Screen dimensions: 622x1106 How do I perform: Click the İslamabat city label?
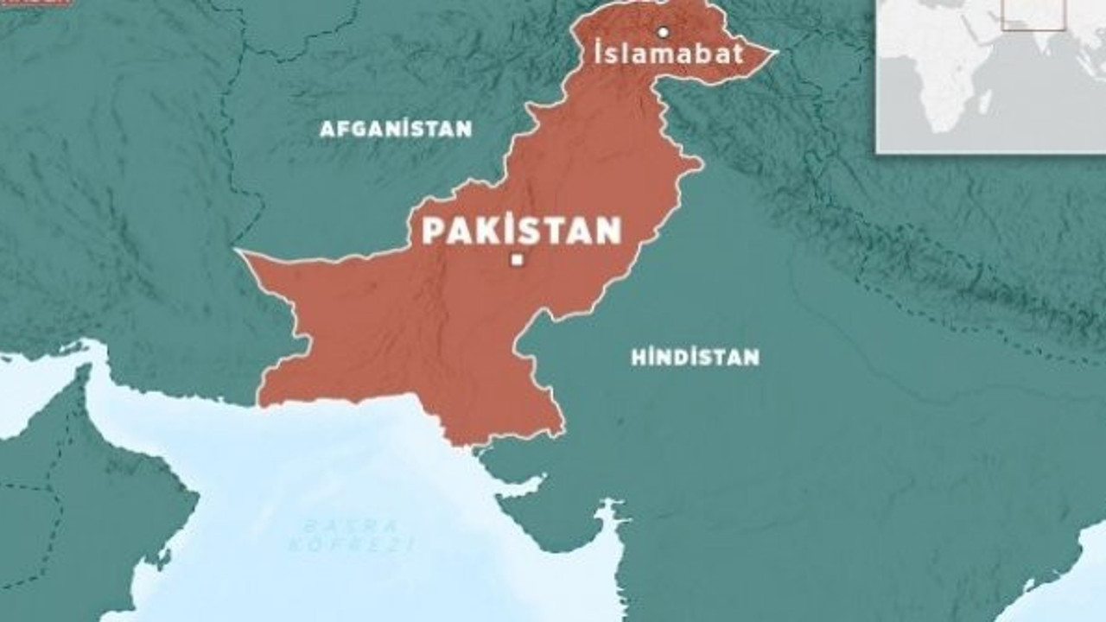coord(669,54)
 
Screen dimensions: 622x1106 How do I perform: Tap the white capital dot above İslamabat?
coord(664,33)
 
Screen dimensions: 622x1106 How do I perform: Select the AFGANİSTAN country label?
coord(396,130)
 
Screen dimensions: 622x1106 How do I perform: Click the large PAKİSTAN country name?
coord(521,231)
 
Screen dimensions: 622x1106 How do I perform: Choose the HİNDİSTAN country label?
coord(695,357)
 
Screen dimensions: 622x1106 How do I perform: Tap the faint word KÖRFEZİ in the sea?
coord(351,545)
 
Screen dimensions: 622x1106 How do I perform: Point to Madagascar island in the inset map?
coord(983,103)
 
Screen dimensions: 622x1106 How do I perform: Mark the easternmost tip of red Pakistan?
coord(776,52)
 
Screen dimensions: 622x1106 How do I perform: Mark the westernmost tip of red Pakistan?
coord(239,252)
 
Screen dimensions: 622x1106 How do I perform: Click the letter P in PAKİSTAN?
coord(433,232)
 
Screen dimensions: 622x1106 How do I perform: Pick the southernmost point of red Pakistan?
coord(472,444)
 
